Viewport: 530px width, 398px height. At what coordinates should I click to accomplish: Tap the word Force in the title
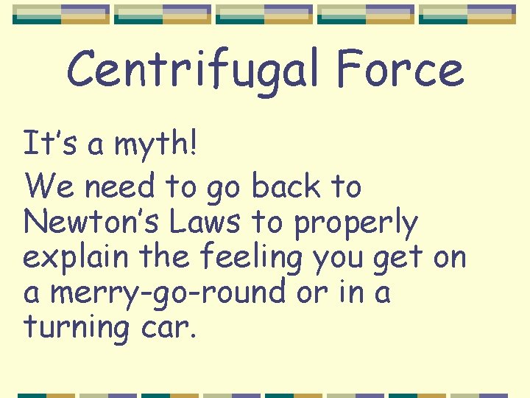400,70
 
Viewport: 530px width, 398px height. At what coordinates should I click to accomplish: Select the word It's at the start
51,143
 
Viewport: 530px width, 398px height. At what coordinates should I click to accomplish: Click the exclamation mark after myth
193,143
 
